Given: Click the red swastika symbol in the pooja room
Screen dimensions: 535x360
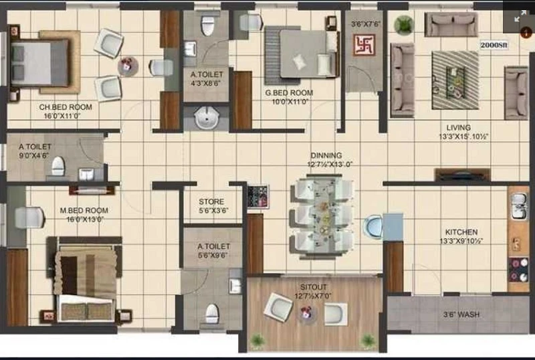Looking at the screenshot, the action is tap(364, 45).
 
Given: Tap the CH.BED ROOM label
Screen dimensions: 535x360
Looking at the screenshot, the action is tap(65, 107).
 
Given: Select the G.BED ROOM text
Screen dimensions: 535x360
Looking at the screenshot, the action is tap(289, 93).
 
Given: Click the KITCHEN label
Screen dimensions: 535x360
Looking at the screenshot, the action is tap(461, 232).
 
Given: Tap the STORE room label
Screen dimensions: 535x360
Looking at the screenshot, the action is tap(211, 202).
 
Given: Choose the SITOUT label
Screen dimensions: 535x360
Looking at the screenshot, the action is tap(313, 287).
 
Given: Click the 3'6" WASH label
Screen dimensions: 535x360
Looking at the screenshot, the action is tap(461, 314).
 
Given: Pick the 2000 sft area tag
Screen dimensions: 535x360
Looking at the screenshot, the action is tap(494, 45).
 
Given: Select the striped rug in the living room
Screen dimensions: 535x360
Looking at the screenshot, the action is tap(455, 80).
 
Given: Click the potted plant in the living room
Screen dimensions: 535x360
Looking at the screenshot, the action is tap(404, 25).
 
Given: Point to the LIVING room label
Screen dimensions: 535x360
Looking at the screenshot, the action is tap(459, 128).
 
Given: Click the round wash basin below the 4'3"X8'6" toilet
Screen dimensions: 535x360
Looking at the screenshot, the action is tap(206, 118).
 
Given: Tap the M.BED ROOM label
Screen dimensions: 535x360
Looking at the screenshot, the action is tap(84, 211).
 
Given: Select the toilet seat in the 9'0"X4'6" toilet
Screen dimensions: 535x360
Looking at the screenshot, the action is tap(58, 166).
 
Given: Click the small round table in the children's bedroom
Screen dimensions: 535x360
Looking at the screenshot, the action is tap(128, 66).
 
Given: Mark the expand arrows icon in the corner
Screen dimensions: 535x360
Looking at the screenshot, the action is tap(520, 16).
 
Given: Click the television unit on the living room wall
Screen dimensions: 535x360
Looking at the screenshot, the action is tap(462, 175).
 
